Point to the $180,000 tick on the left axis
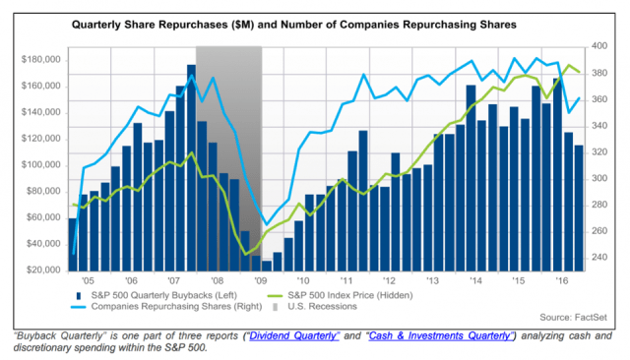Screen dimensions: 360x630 pos(43,59)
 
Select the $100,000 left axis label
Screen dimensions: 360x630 pos(43,164)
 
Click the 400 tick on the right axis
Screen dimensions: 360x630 pos(594,46)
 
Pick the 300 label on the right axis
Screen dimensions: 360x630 pos(594,178)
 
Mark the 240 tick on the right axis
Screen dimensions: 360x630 pos(594,258)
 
